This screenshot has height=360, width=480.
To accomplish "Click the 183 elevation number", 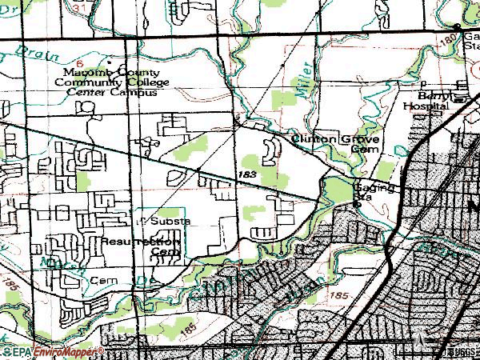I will point(246,174).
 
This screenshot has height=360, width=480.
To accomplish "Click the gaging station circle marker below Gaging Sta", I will point(358,206).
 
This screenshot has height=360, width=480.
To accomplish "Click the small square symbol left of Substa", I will point(138,218).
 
